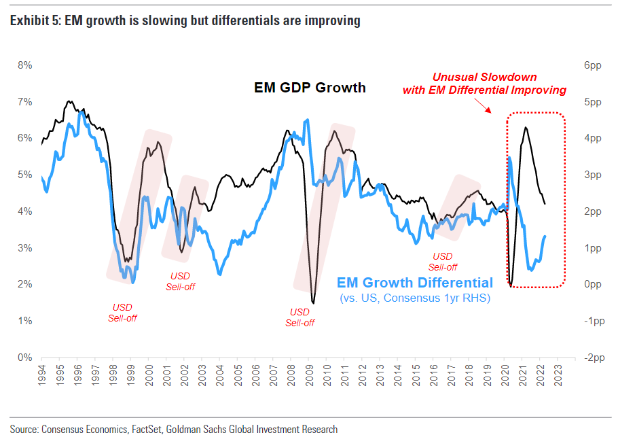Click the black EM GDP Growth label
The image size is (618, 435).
(310, 87)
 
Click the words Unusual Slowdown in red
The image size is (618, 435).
(484, 77)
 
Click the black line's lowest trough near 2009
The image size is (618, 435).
(312, 302)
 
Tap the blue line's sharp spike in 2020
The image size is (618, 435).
(509, 158)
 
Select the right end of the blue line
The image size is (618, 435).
(545, 236)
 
